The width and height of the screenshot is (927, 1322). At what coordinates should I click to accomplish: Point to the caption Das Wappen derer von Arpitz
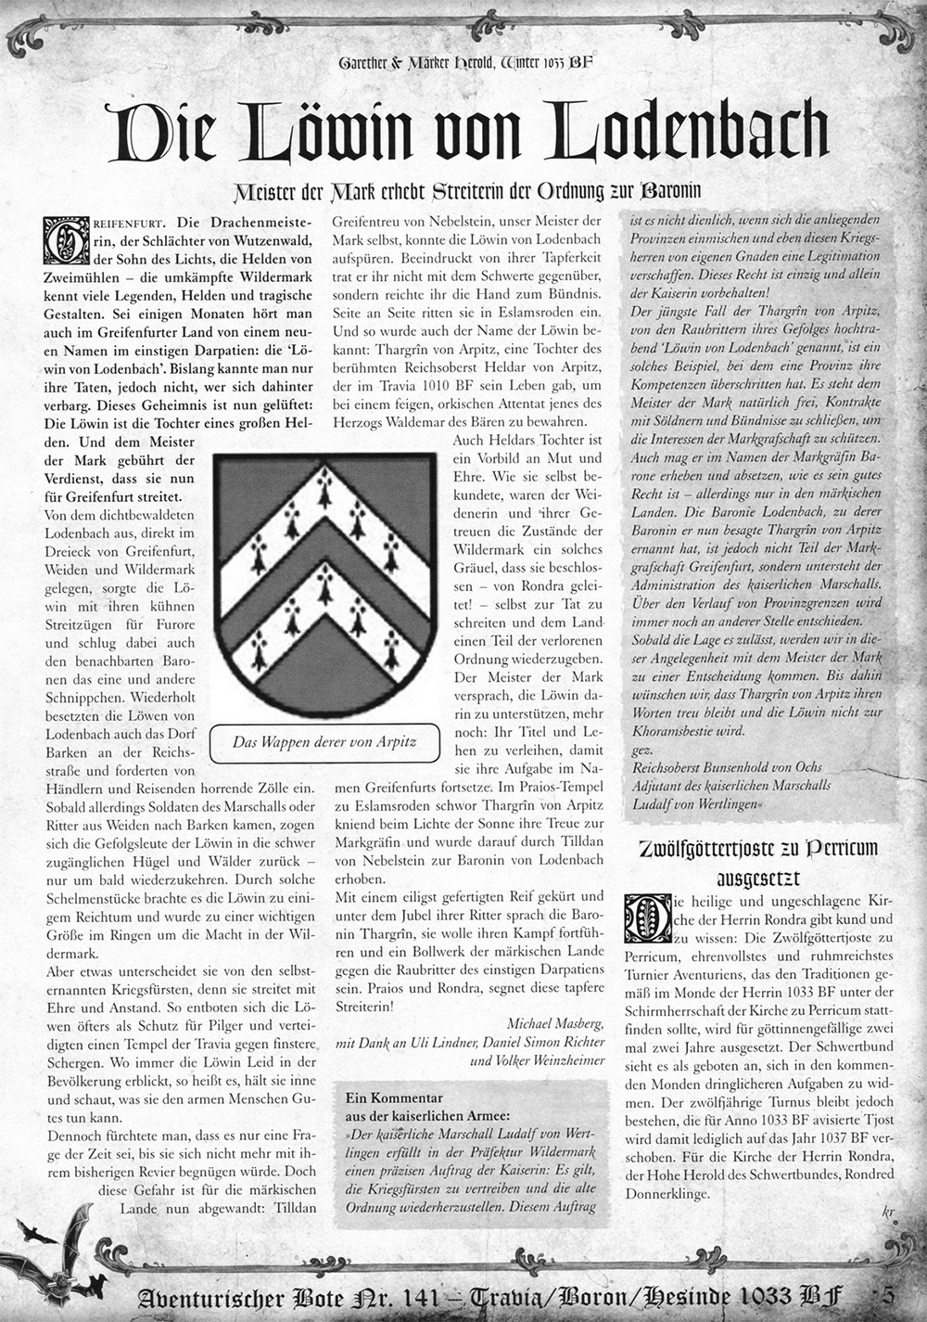(x=324, y=741)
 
